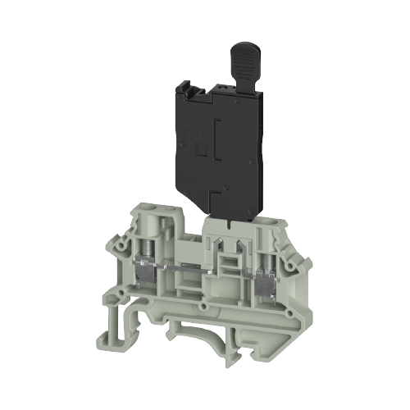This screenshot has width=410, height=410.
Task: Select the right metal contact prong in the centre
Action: (241, 250)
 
